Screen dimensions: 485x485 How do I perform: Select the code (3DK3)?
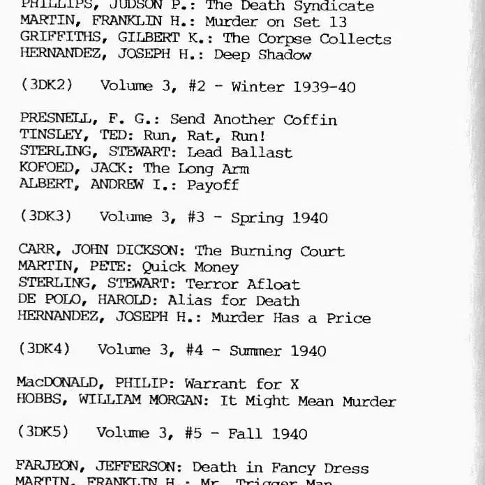tap(46, 216)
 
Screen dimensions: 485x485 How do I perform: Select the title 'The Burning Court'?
tap(269, 251)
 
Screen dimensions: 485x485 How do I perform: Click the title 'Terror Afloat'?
tap(242, 283)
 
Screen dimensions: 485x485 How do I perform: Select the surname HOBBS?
tap(41, 401)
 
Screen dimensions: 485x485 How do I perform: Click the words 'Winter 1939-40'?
tap(293, 87)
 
